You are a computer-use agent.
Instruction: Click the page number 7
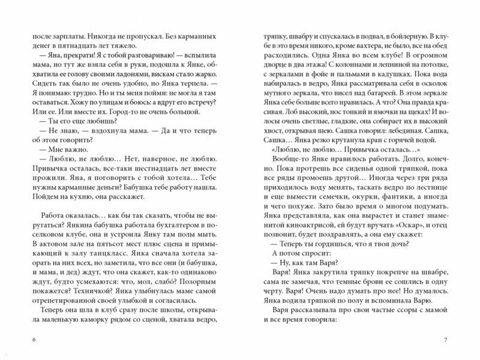[x=445, y=341]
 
